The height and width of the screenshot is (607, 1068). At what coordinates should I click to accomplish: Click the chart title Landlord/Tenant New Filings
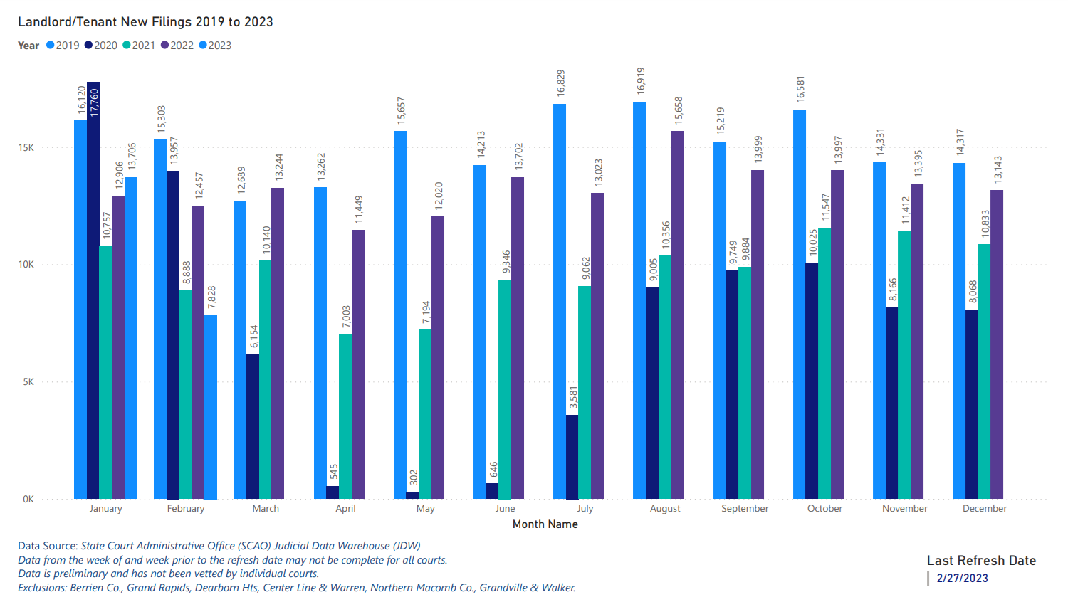[x=145, y=22]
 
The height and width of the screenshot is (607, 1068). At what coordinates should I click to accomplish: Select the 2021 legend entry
[x=139, y=46]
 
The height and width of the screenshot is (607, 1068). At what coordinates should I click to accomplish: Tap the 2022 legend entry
[x=177, y=46]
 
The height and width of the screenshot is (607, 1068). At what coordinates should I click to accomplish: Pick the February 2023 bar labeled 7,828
[x=211, y=407]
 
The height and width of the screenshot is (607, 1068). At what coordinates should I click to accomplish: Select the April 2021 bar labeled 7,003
[x=345, y=416]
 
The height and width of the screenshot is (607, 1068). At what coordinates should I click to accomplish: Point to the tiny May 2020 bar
[x=412, y=495]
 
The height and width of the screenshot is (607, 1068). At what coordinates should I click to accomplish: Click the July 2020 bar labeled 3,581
[x=572, y=456]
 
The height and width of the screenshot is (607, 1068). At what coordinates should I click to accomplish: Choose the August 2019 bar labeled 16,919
[x=639, y=299]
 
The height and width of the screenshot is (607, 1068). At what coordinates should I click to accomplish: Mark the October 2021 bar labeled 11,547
[x=824, y=363]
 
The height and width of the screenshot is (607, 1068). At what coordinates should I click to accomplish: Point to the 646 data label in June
[x=493, y=470]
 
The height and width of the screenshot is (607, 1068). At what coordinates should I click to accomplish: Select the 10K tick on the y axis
[x=26, y=265]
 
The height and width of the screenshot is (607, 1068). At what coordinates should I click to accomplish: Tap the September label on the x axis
[x=745, y=509]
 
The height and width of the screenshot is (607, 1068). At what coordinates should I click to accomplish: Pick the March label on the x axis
[x=266, y=509]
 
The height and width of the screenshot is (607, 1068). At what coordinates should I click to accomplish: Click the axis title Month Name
[x=545, y=524]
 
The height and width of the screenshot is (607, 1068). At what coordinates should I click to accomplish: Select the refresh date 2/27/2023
[x=962, y=579]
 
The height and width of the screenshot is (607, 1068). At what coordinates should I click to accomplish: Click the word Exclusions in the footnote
[x=41, y=588]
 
